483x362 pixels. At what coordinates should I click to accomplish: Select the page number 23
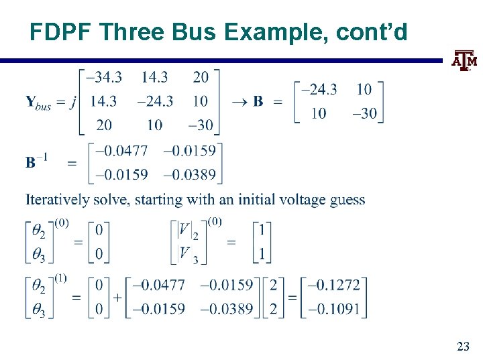click(x=463, y=347)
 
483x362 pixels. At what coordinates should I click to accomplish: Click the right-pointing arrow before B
click(x=239, y=102)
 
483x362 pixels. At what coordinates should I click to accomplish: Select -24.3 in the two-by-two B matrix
click(x=319, y=89)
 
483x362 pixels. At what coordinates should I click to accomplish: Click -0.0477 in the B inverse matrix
click(x=121, y=150)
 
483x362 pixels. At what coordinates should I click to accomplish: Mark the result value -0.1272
click(x=334, y=285)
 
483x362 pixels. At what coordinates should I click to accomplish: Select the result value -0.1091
click(x=334, y=309)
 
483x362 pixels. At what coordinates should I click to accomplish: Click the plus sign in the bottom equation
click(x=117, y=297)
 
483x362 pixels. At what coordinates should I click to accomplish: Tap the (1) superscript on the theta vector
click(x=60, y=277)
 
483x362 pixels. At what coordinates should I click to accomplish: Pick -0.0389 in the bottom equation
click(x=226, y=309)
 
